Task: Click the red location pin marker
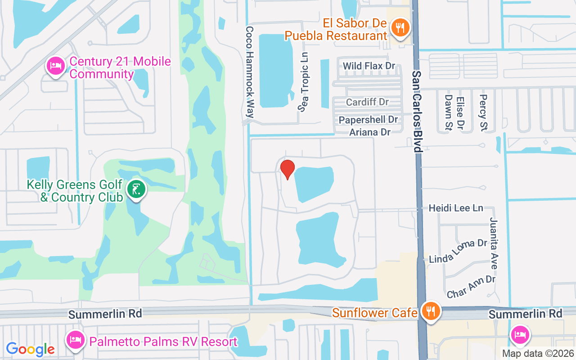288,169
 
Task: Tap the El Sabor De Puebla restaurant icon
399,28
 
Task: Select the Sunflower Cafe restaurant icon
431,311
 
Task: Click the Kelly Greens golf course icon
135,189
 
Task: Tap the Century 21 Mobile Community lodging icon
55,66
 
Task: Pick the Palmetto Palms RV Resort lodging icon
74,340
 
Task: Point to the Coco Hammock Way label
250,72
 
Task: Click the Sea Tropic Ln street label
305,81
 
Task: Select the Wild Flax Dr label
369,66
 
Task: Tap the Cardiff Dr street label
367,102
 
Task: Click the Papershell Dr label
369,120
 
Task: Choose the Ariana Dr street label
370,132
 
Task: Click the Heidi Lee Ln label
455,208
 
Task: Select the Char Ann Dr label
471,287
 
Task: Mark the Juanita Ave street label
493,243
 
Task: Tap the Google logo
30,349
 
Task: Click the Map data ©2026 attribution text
538,354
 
